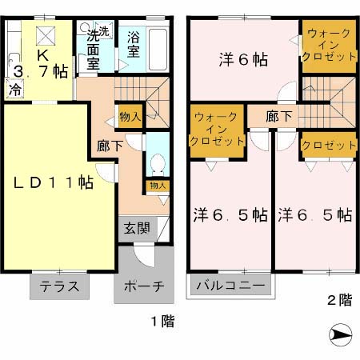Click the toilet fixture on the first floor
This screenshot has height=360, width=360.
click(158, 166)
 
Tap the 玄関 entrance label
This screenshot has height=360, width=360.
click(135, 227)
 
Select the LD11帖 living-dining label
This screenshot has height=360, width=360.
click(53, 183)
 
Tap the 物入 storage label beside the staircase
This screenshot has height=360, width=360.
click(130, 117)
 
